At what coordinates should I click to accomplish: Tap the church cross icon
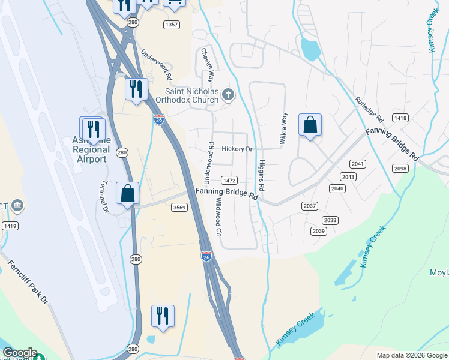[228, 94]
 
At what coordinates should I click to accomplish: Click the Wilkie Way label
[283, 128]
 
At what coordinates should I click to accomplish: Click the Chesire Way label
[207, 65]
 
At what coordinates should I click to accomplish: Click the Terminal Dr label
[103, 197]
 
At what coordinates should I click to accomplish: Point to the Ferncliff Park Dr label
[28, 282]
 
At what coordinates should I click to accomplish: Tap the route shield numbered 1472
[229, 180]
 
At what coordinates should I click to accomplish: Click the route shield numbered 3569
[179, 207]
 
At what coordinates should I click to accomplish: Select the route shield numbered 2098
[401, 169]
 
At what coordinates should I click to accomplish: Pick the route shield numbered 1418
[400, 118]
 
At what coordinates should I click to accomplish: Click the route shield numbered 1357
[172, 25]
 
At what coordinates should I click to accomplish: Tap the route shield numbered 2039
[318, 231]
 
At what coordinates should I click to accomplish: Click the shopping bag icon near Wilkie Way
[310, 125]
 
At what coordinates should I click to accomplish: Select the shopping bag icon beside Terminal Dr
[127, 193]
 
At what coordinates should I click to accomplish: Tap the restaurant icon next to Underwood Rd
[136, 89]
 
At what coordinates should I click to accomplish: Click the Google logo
[20, 353]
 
